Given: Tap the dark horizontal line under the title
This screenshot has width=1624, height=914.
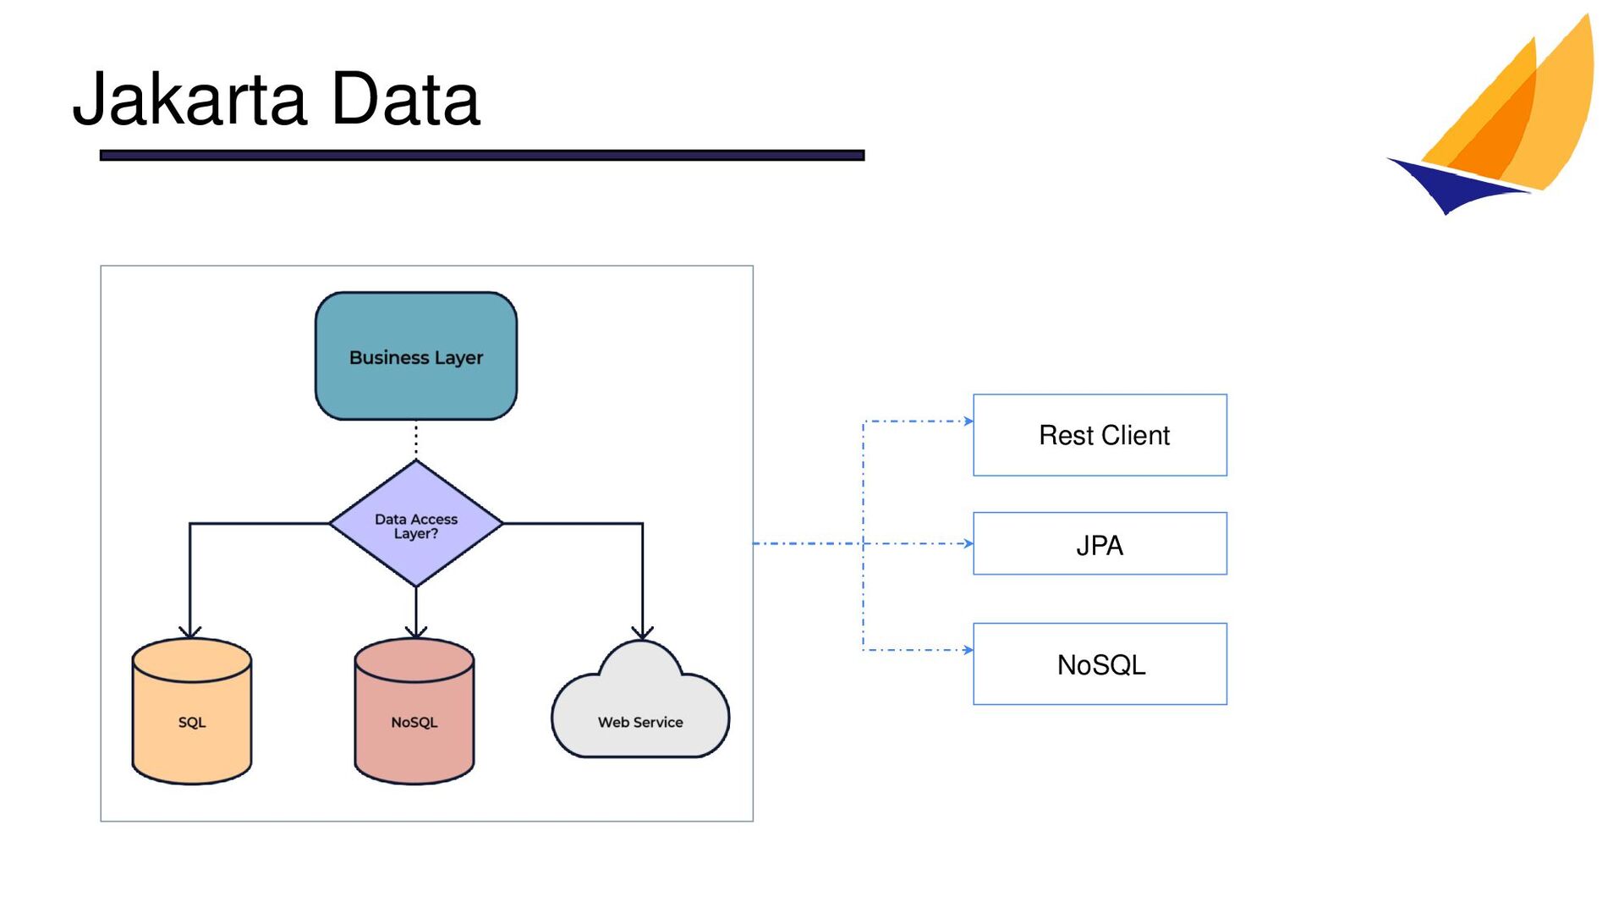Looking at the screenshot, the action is coord(482,155).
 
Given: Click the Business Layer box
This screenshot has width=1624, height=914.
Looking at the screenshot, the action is coord(416,356).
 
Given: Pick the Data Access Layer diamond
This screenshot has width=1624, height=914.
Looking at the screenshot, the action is coord(416,524).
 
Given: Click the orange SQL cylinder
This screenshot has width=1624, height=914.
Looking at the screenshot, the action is coord(192,712).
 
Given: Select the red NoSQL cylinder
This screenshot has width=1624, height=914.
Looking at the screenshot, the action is coord(414,712).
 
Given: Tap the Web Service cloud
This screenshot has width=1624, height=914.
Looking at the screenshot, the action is coord(640,702).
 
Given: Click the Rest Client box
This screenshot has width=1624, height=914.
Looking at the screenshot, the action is coord(1100,435).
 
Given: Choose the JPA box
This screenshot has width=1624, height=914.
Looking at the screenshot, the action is coord(1100,543).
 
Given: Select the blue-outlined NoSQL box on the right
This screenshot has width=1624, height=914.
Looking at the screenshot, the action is coord(1100,664).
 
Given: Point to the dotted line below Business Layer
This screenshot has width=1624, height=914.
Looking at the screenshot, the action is coord(416,440).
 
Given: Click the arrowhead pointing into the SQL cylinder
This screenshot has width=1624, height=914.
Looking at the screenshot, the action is coord(190,632).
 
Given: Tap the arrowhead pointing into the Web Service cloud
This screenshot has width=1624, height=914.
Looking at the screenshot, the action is coord(643,632).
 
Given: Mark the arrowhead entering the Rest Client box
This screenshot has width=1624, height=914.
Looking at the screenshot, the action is coord(968,421).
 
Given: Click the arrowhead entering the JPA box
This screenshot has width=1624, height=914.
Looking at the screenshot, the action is coord(968,543).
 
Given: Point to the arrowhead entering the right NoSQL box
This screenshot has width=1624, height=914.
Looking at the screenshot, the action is coord(968,650).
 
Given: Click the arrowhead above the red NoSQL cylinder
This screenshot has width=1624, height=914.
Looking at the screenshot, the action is coord(416,632).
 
